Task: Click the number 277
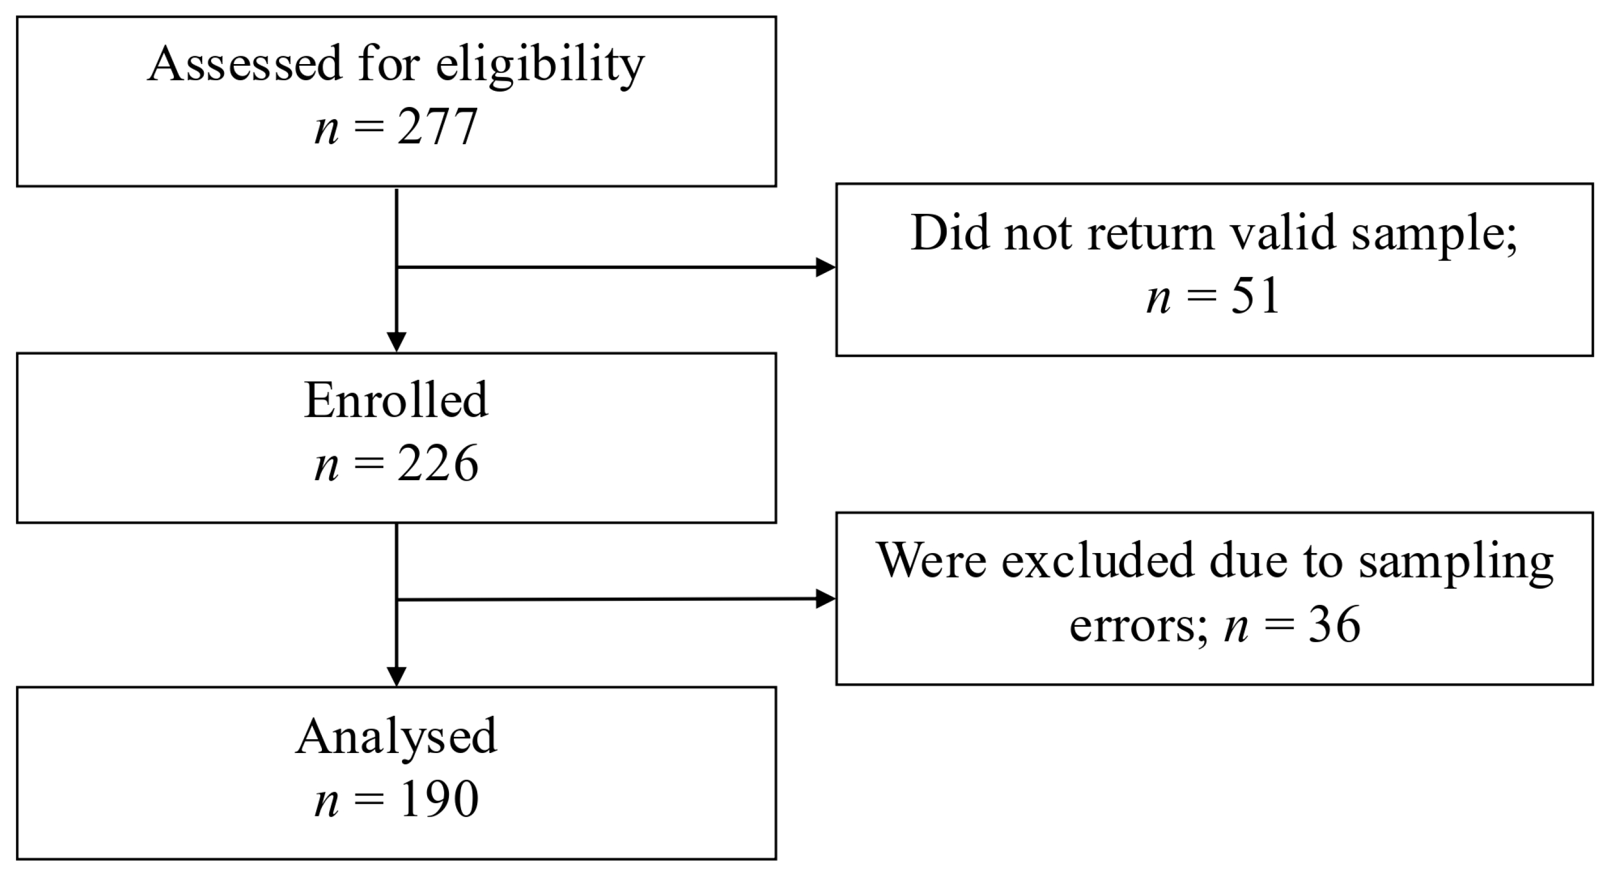point(438,128)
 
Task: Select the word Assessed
point(245,63)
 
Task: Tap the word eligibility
point(540,65)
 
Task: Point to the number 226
point(438,464)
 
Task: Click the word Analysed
point(396,736)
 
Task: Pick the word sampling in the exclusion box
point(1456,561)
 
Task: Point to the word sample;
point(1434,234)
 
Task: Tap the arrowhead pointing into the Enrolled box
point(396,343)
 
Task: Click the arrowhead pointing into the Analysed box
point(396,677)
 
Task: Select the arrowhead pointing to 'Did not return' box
point(825,268)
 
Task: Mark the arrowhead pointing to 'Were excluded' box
point(825,599)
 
